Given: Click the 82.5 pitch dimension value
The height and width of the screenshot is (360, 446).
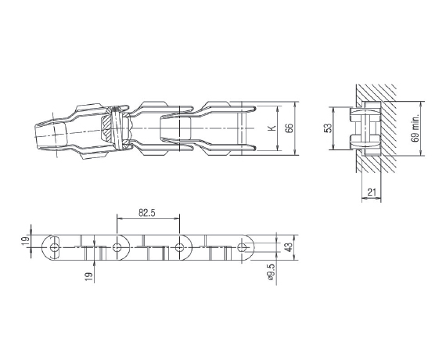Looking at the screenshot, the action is coord(147,213).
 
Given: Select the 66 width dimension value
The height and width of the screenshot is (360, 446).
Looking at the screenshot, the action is coord(289,128).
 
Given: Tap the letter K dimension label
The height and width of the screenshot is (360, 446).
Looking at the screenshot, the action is coord(272,128).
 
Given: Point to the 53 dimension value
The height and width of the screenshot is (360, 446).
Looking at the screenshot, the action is coord(327,128).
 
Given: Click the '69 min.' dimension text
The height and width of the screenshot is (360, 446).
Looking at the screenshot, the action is coord(415,128).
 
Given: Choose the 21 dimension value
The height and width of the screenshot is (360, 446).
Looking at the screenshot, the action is coord(372,193).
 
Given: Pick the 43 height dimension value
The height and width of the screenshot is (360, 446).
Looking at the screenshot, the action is coord(288,247).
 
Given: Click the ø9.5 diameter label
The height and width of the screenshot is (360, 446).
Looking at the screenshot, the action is coord(271,272).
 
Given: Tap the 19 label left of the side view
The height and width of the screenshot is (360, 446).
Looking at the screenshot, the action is coord(26,241).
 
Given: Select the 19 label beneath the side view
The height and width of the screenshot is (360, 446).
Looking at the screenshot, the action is coord(88,277).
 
